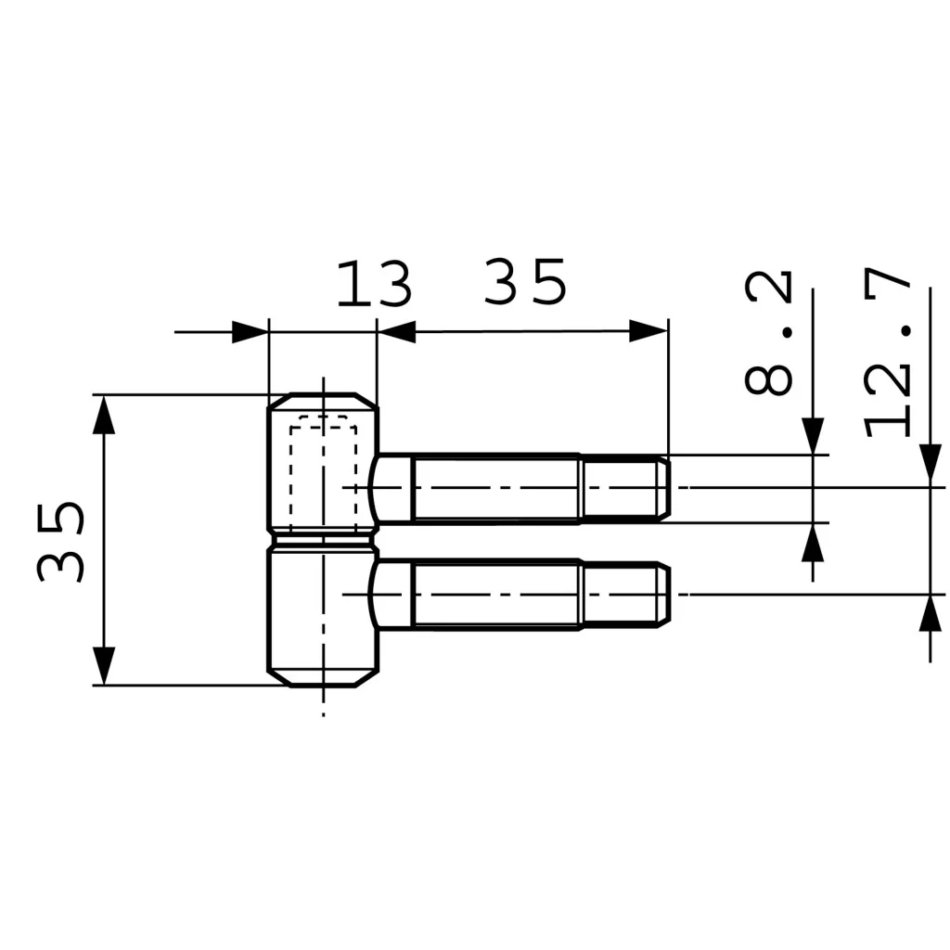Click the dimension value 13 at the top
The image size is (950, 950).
pos(374,284)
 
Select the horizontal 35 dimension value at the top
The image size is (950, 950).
pos(525,282)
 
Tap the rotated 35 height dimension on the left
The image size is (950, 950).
pos(60,542)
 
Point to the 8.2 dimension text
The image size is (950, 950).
pos(768,334)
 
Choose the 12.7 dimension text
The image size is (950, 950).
pos(888,353)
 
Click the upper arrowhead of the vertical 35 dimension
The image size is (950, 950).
pos(104,415)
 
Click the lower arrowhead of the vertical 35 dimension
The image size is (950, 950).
pos(104,666)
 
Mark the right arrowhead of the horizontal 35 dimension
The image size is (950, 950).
pos(648,331)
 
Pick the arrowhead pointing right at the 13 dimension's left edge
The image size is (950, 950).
pos(250,332)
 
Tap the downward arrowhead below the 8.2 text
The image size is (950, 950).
pos(813,436)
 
